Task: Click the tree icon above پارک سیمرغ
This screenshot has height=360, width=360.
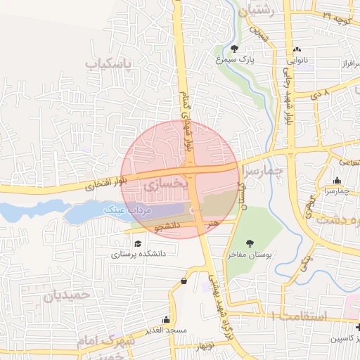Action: [x=234, y=49]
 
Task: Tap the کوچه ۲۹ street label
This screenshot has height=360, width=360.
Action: [x=338, y=13]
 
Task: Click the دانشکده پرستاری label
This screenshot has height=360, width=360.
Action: [x=137, y=254]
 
